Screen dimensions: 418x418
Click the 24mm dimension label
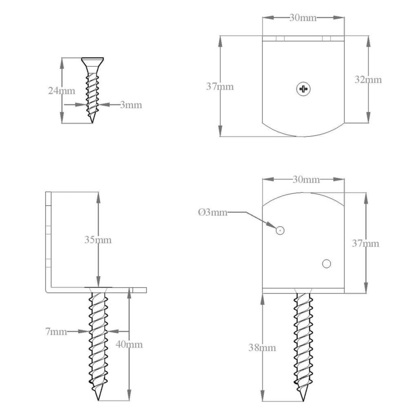click(62, 91)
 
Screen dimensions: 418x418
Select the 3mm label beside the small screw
click(131, 104)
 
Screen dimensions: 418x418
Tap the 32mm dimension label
click(368, 79)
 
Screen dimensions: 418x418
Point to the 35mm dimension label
click(98, 240)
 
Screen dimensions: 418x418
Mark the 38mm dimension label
click(262, 347)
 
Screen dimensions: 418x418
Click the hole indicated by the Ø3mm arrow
click(280, 230)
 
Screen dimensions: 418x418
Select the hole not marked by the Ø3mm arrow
click(326, 264)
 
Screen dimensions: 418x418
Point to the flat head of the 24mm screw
click(93, 60)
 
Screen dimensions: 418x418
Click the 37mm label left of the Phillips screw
click(220, 86)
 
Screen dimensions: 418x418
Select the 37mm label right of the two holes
click(365, 243)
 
